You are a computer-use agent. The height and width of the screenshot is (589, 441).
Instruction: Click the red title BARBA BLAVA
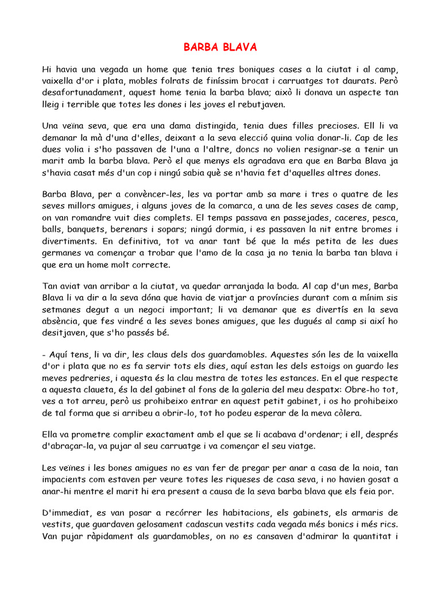click(220, 47)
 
